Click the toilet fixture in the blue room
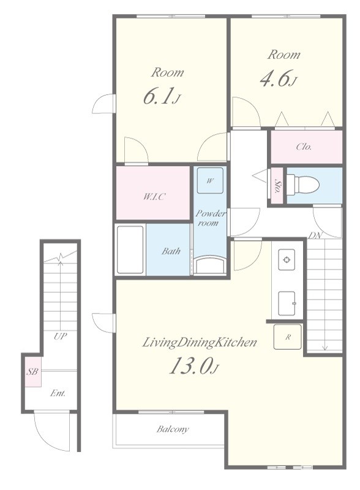pyautogui.click(x=303, y=185)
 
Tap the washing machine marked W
pyautogui.click(x=211, y=181)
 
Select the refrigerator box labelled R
pyautogui.click(x=288, y=337)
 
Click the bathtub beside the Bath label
pyautogui.click(x=130, y=250)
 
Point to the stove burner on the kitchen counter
pyautogui.click(x=287, y=260)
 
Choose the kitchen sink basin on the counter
pyautogui.click(x=287, y=303)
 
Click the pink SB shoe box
pyautogui.click(x=33, y=372)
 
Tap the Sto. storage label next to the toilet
pyautogui.click(x=277, y=186)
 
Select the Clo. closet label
pyautogui.click(x=304, y=146)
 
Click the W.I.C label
pyautogui.click(x=154, y=197)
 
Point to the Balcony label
pyautogui.click(x=173, y=429)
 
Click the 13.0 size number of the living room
pyautogui.click(x=190, y=366)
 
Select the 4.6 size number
pyautogui.click(x=275, y=78)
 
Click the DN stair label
pyautogui.click(x=316, y=236)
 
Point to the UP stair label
pyautogui.click(x=60, y=336)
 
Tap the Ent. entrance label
pyautogui.click(x=58, y=393)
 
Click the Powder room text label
pyautogui.click(x=211, y=218)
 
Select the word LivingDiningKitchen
pyautogui.click(x=200, y=342)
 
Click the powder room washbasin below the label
pyautogui.click(x=209, y=265)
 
